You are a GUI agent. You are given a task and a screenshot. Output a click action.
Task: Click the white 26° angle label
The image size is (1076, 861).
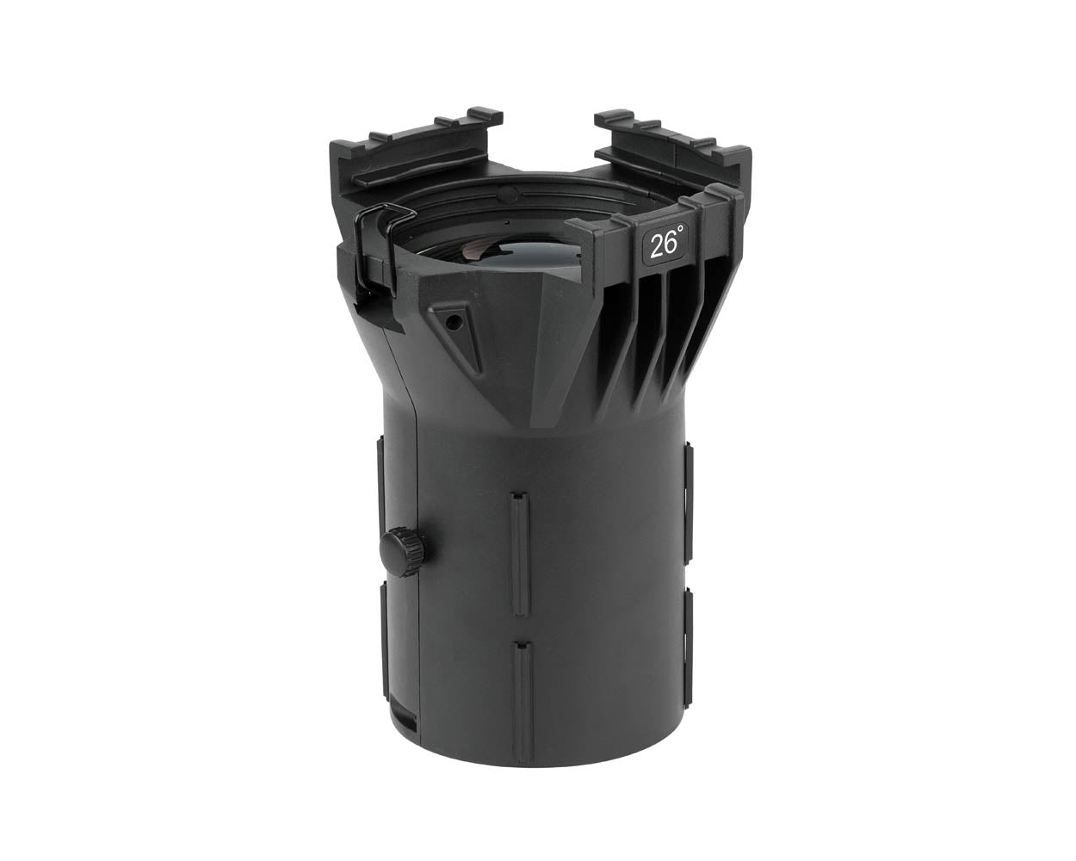pyautogui.click(x=665, y=245)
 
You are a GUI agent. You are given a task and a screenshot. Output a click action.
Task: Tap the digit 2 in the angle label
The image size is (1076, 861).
pyautogui.click(x=655, y=246)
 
